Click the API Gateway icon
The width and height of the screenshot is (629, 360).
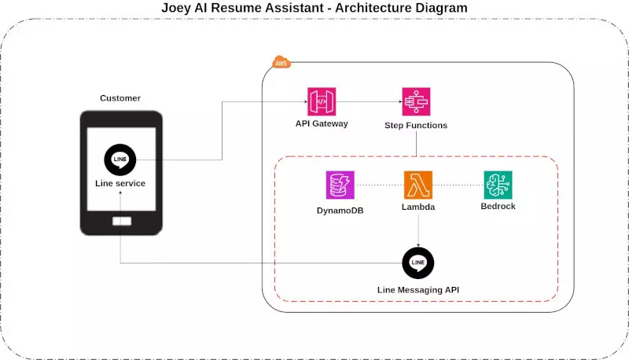click(321, 101)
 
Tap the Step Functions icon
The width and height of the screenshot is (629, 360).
click(416, 101)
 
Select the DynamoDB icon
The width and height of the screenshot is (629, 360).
click(340, 185)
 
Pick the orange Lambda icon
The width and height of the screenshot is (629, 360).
click(418, 185)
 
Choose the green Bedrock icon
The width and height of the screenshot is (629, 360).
click(498, 185)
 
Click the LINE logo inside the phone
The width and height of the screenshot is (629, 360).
click(120, 160)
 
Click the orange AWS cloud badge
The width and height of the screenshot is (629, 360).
click(281, 62)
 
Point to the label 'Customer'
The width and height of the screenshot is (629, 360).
click(120, 98)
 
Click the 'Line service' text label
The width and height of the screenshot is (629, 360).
click(120, 183)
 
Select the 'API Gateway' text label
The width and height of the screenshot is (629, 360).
click(321, 124)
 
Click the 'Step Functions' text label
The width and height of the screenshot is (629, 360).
click(416, 125)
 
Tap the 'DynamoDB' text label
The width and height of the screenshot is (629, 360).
click(340, 210)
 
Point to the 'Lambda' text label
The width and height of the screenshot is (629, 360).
click(418, 208)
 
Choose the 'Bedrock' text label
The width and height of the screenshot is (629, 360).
click(498, 207)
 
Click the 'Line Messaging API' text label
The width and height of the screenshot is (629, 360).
click(417, 290)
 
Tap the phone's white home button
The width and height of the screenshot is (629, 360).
click(122, 222)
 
